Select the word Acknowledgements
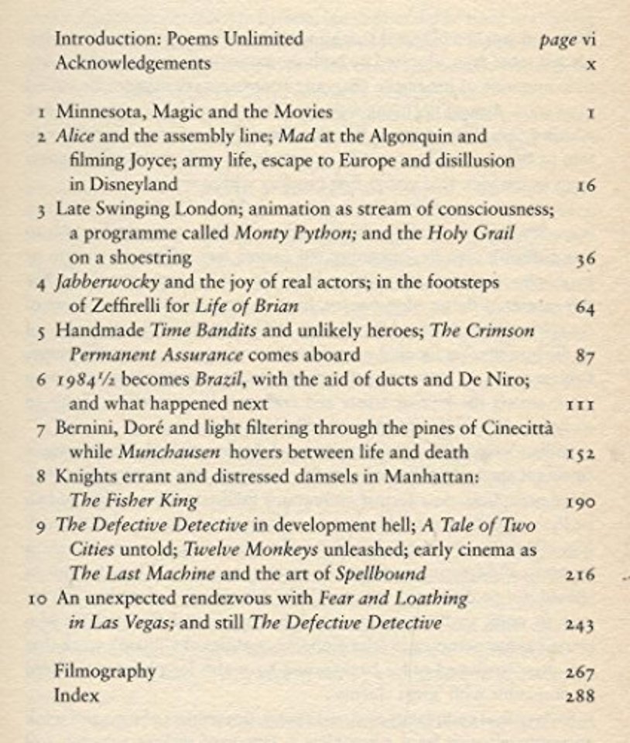(132, 63)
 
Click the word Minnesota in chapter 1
(99, 112)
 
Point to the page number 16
(585, 186)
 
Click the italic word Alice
(75, 136)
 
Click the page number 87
(585, 356)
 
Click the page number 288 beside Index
(580, 696)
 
